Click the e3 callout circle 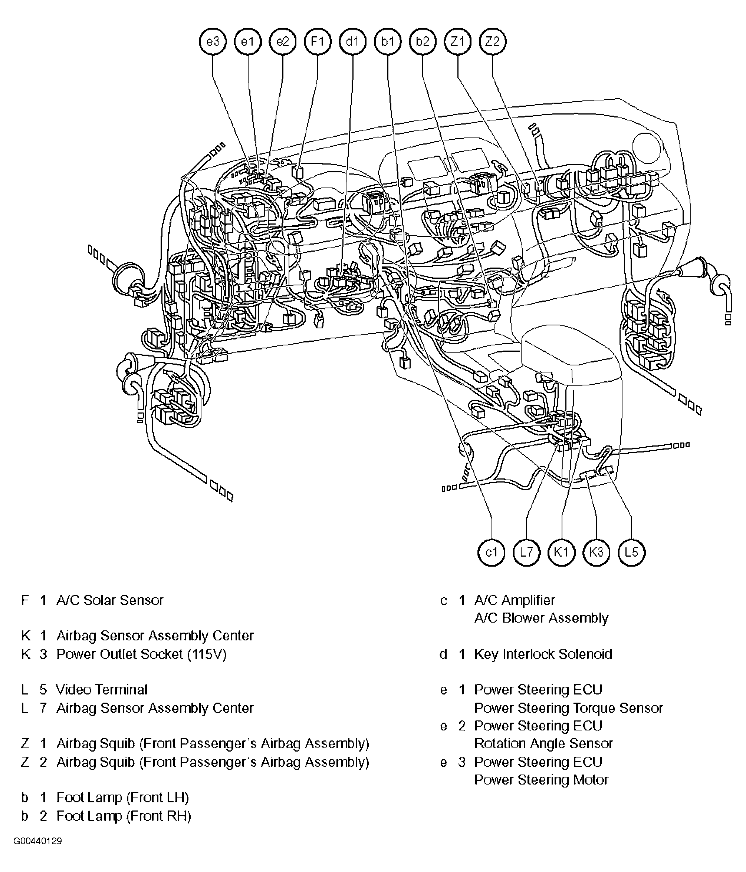(x=213, y=42)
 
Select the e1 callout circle (x=248, y=42)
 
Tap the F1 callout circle (x=318, y=42)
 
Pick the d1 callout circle (x=352, y=42)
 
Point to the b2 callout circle (x=423, y=42)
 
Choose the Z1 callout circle (x=457, y=42)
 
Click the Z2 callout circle (x=492, y=42)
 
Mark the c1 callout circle (x=492, y=552)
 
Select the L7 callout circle (x=526, y=552)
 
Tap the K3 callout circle (x=597, y=552)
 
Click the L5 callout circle (x=631, y=552)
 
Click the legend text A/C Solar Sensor (x=109, y=600)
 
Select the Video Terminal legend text (x=102, y=689)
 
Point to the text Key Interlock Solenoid (x=543, y=654)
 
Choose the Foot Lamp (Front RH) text (x=124, y=816)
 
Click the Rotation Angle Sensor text (x=543, y=743)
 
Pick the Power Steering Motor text (x=541, y=779)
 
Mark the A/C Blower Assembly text (x=541, y=618)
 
